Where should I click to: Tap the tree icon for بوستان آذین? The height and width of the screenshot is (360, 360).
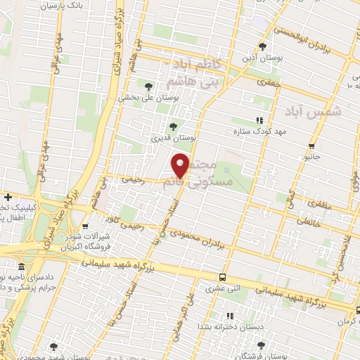click(x=262, y=46)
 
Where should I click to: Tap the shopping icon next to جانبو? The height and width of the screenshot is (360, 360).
click(x=311, y=147)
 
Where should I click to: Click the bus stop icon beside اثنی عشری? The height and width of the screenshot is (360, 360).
click(x=222, y=277)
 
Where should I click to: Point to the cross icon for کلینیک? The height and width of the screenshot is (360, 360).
click(x=7, y=198)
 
